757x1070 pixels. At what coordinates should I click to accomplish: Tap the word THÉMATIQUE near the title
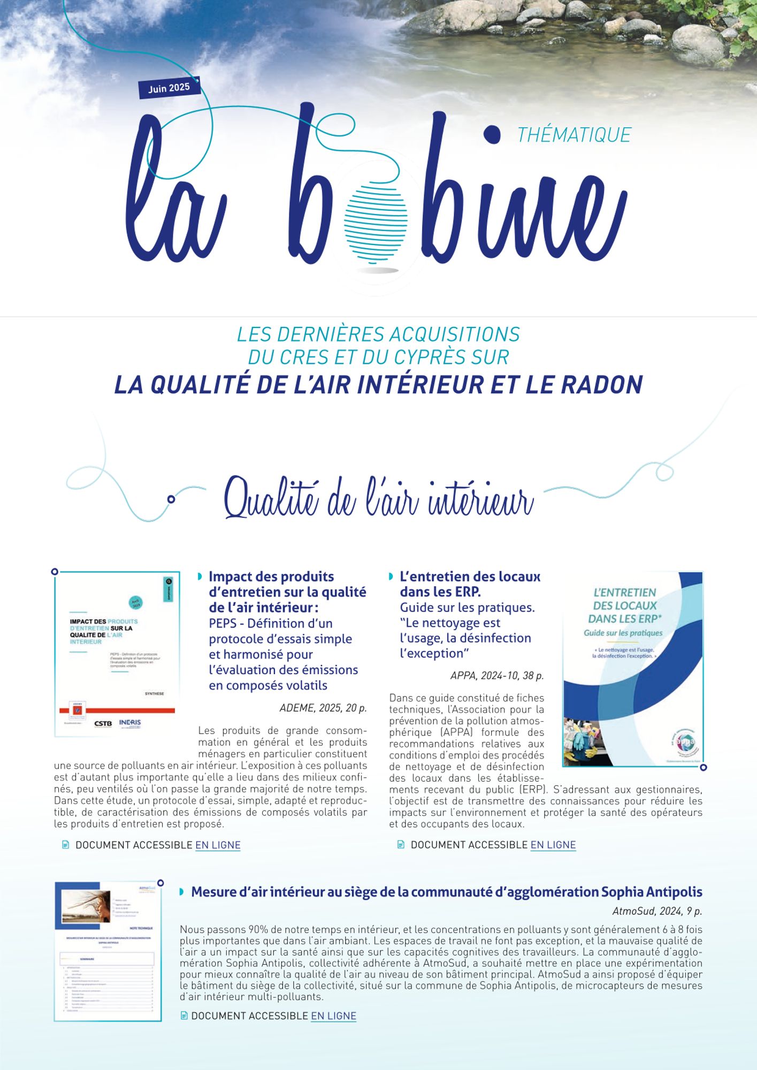[x=574, y=135]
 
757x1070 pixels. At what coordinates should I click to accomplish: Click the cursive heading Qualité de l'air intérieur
[x=379, y=499]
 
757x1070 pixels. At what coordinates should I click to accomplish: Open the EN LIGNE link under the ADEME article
[x=218, y=845]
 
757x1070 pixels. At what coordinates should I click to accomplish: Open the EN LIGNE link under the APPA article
[x=553, y=845]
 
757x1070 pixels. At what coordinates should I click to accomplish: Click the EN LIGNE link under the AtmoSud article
[x=333, y=1016]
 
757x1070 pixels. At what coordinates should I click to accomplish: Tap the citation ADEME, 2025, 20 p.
[x=323, y=708]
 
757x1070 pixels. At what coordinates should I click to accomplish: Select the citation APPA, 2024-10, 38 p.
[x=497, y=676]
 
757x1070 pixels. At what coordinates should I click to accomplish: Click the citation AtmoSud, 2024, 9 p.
[x=657, y=911]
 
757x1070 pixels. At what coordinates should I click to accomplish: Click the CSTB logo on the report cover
[x=103, y=723]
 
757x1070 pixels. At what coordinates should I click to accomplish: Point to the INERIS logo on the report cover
[x=130, y=723]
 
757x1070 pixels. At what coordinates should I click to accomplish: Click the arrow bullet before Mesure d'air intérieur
[x=182, y=892]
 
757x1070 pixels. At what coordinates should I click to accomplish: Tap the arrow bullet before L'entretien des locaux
[x=391, y=577]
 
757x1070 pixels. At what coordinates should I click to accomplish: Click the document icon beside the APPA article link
[x=401, y=845]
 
